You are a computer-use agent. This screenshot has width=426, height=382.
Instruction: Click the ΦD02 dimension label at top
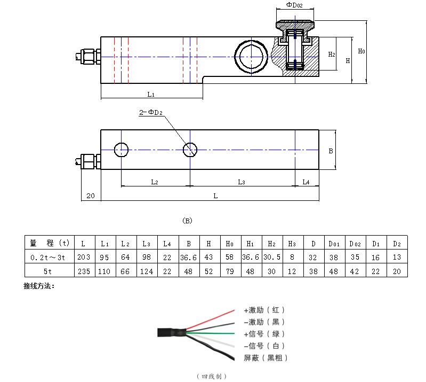294,5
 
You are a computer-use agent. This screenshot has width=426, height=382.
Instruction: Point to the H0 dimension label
361,51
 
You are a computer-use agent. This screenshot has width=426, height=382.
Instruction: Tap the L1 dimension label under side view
151,95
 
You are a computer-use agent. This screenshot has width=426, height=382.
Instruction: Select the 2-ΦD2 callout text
151,112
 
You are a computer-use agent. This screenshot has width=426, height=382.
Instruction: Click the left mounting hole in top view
121,150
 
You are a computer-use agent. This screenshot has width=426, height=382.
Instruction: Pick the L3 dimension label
241,182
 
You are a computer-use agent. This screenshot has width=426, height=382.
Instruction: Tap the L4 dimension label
306,182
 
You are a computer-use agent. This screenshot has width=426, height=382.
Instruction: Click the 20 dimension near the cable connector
91,196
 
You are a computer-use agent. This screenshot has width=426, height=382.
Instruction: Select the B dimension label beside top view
331,151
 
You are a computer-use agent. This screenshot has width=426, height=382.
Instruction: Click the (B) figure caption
187,221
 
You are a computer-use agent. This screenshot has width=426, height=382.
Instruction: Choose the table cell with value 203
84,256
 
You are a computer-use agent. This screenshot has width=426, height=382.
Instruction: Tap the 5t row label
47,271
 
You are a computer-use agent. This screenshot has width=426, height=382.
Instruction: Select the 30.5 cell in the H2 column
272,256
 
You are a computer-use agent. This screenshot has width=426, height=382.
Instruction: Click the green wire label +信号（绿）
264,334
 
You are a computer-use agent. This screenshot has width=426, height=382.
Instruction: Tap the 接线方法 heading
39,286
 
